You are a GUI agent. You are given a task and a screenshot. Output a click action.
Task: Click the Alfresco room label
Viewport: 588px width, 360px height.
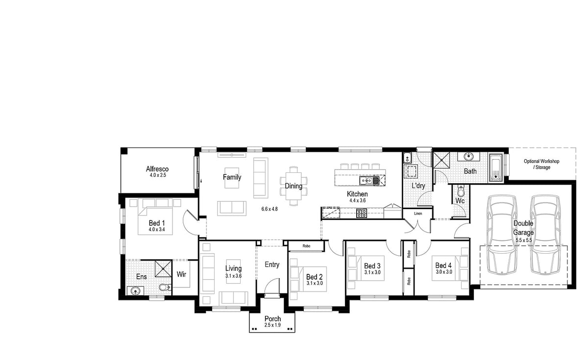pyautogui.click(x=157, y=169)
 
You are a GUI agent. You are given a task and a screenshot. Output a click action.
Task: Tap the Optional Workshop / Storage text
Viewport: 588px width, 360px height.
pyautogui.click(x=541, y=164)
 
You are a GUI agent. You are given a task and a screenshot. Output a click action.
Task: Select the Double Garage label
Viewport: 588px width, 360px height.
pyautogui.click(x=523, y=228)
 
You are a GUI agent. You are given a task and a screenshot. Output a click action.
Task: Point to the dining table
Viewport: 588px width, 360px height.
pyautogui.click(x=294, y=186)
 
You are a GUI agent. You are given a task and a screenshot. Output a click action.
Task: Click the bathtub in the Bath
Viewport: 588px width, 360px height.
pyautogui.click(x=495, y=168)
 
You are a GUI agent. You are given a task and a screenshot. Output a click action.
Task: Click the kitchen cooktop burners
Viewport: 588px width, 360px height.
pyautogui.click(x=362, y=213)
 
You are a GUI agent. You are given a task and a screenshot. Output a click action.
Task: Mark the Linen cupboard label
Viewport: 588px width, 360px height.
pyautogui.click(x=417, y=214)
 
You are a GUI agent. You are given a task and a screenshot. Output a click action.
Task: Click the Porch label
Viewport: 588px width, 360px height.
pyautogui.click(x=272, y=319)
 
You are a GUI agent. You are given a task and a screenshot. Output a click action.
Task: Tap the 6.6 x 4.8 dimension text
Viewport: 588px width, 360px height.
pyautogui.click(x=269, y=209)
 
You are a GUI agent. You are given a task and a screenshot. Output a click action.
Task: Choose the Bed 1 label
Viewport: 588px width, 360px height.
pyautogui.click(x=157, y=223)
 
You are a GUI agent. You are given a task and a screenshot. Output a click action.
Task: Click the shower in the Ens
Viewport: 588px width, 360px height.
pyautogui.click(x=162, y=268)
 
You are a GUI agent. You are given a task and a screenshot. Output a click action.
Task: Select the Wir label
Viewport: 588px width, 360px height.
pyautogui.click(x=181, y=275)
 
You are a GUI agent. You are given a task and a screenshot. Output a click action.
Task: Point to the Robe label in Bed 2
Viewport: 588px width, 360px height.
pyautogui.click(x=306, y=246)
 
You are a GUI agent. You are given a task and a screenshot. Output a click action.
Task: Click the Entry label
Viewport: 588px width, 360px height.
pyautogui.click(x=272, y=264)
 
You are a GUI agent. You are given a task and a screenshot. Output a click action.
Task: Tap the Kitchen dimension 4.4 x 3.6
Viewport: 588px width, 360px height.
pyautogui.click(x=357, y=200)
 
